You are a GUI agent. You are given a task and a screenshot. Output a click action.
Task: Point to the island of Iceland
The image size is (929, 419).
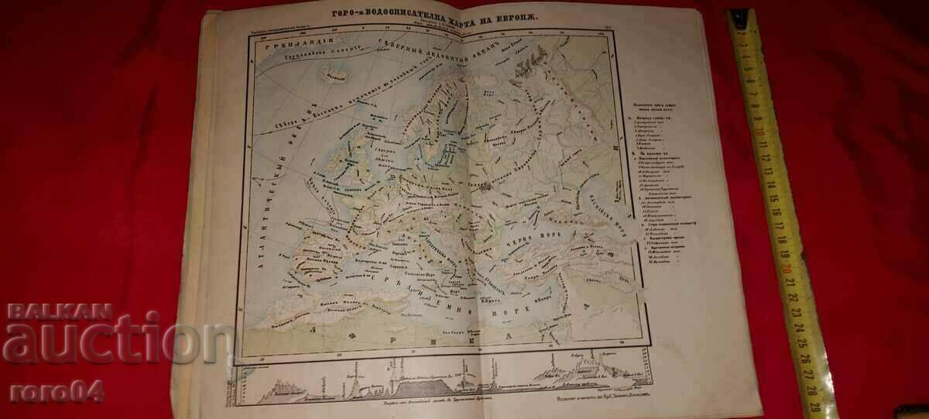[x=335, y=75]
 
